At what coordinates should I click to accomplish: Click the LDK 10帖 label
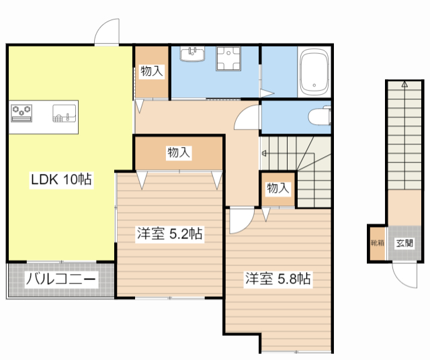click(61, 179)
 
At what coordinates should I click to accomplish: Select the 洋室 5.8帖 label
click(277, 279)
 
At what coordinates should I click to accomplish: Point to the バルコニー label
click(61, 279)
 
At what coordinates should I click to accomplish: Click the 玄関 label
click(404, 244)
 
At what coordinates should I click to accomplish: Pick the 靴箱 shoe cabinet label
click(378, 244)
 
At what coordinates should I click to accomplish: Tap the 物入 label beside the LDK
click(151, 71)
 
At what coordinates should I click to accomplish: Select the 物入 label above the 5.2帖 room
click(178, 153)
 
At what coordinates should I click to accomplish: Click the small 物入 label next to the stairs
click(277, 189)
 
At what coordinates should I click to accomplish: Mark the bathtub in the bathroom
click(313, 73)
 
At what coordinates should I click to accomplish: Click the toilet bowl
click(318, 118)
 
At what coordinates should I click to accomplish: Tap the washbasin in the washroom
click(195, 53)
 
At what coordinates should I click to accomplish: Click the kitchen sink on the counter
click(64, 114)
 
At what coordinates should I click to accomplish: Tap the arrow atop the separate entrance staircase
click(404, 85)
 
